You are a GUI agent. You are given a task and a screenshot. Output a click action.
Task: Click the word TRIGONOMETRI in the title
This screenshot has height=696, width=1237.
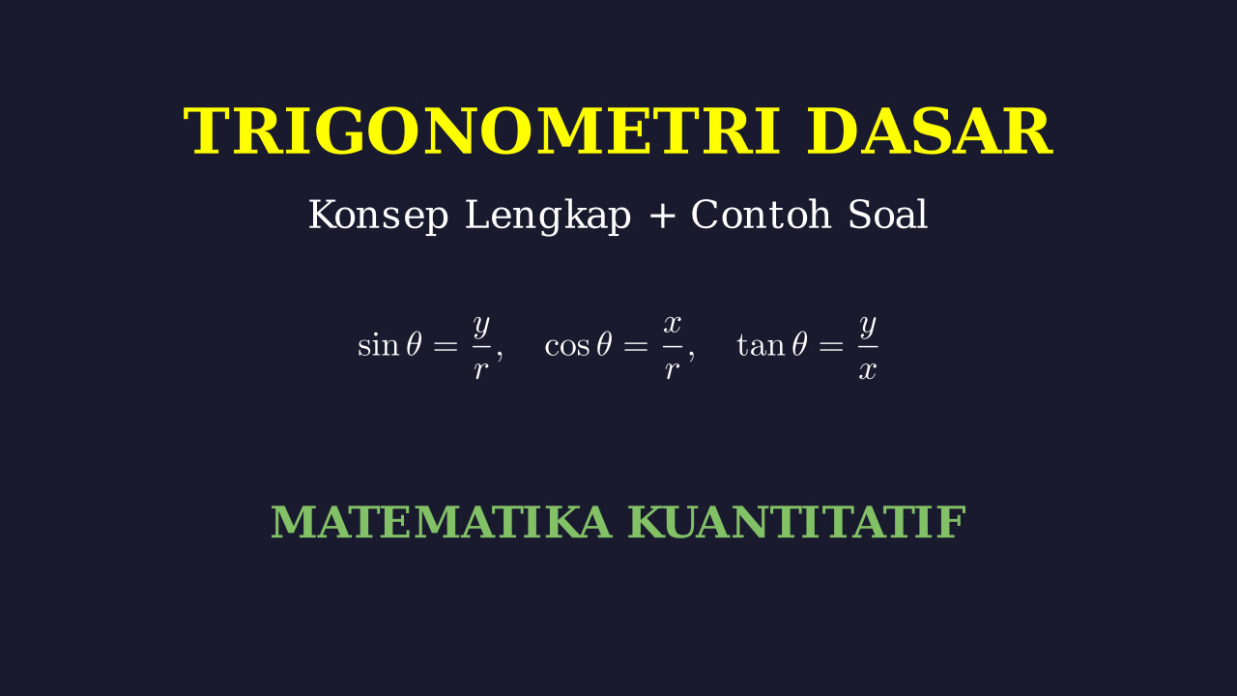point(481,131)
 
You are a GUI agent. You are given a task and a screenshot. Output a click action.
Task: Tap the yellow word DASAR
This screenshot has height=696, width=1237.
point(930,131)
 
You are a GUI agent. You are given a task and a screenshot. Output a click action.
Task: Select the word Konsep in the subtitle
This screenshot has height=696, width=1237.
point(378,216)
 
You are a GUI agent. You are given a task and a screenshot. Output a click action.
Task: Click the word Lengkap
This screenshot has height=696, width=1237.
point(548,216)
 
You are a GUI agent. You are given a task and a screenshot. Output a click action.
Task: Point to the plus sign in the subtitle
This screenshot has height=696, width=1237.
point(662,216)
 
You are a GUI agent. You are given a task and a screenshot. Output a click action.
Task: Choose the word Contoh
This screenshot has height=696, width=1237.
point(761,215)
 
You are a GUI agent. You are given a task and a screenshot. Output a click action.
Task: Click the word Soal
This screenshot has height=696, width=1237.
point(887,215)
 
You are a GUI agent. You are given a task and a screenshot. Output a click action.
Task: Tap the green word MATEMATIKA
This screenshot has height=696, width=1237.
point(442,521)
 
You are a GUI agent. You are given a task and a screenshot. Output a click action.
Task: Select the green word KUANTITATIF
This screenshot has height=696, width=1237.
point(797,521)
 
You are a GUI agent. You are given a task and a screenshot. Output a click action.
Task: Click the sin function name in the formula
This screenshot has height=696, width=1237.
point(378,345)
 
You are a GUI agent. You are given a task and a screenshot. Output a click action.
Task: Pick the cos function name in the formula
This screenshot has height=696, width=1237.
point(567,347)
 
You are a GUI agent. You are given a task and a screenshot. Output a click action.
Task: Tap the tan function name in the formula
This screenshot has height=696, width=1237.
point(761,346)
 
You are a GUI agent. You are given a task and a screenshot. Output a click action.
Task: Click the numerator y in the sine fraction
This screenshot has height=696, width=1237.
point(481,326)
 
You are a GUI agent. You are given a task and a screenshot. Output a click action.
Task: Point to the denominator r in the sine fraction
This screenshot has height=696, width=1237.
point(481,370)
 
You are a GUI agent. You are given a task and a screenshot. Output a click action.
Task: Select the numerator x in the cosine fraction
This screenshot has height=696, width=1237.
point(672,324)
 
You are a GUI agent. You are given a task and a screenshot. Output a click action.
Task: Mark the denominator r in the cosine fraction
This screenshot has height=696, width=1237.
point(672,370)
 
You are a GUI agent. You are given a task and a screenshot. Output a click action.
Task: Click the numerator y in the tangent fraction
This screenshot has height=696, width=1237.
point(868,326)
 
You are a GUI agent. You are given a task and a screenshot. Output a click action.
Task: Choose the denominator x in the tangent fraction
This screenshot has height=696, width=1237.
point(868,371)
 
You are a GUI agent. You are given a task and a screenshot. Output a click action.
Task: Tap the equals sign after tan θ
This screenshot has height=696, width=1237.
point(831,346)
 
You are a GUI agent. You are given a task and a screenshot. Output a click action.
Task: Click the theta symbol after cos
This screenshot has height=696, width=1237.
point(604,344)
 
